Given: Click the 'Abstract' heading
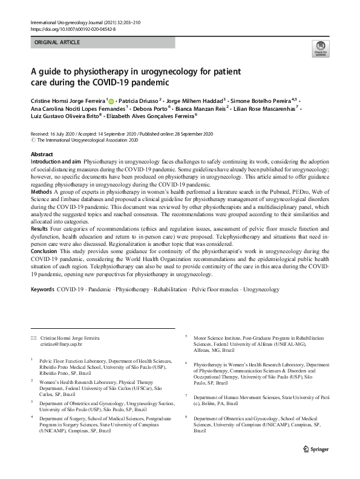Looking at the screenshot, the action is (x=42, y=154).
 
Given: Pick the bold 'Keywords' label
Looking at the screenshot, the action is (x=42, y=289).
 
